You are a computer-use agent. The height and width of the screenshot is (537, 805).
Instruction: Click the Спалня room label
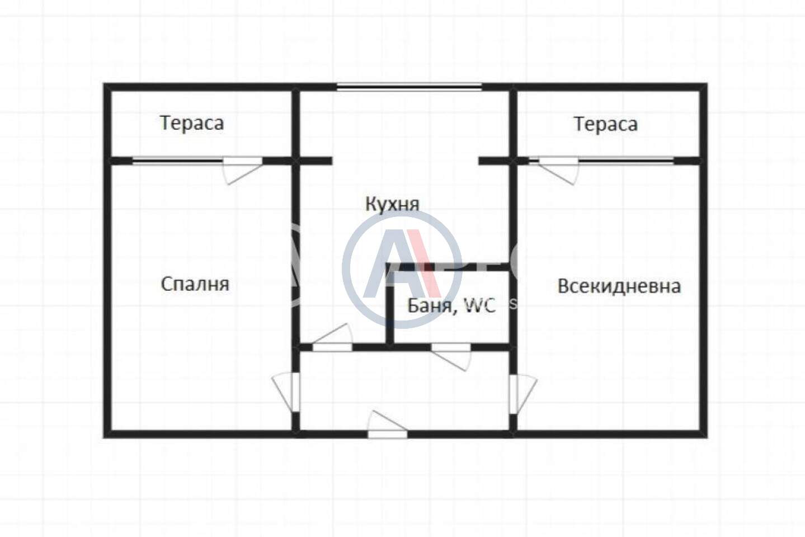(195, 284)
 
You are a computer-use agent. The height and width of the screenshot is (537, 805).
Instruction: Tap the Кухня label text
(393, 204)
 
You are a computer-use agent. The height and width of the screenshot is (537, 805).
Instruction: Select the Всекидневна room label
(619, 286)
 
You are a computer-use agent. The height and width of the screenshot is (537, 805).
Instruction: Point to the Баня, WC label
(452, 305)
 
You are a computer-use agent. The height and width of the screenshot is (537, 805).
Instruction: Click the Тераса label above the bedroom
(192, 123)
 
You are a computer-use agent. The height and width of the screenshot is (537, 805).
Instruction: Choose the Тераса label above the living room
(606, 124)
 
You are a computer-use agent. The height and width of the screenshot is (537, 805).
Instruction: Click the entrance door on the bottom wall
(388, 425)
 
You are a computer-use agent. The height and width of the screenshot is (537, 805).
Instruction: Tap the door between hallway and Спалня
(287, 392)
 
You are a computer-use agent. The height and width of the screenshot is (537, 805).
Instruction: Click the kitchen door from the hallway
(332, 338)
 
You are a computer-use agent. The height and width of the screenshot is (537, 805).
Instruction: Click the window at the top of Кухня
(409, 87)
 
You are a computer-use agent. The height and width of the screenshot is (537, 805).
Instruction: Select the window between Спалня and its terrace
(178, 161)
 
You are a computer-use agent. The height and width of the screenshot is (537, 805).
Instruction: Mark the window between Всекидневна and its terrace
(625, 161)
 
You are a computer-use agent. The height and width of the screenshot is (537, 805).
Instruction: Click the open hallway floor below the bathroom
(404, 390)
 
